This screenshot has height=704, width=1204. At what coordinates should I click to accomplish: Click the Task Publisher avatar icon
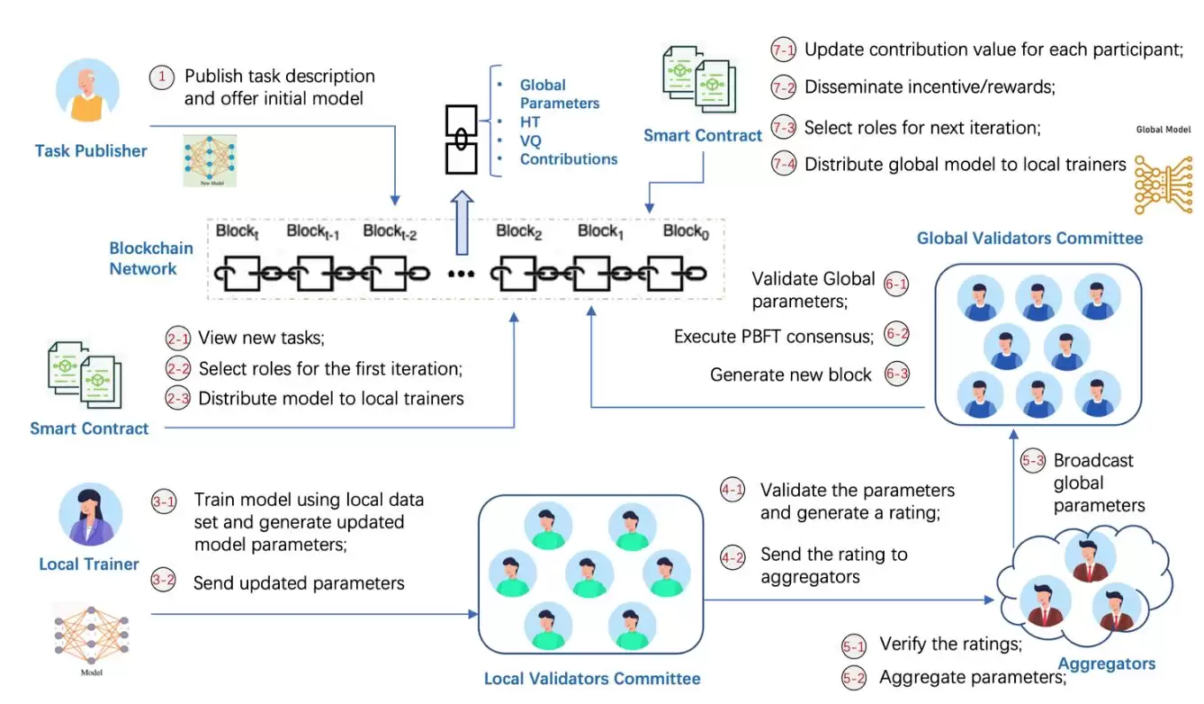click(x=87, y=94)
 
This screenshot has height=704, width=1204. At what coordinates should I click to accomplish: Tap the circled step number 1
click(x=161, y=77)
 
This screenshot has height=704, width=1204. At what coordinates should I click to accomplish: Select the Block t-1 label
click(x=312, y=232)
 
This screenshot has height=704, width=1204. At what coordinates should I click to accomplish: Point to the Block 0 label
click(x=687, y=232)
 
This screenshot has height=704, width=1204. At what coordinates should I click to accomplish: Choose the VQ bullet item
click(x=531, y=140)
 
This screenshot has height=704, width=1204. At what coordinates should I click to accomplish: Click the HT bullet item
click(x=530, y=122)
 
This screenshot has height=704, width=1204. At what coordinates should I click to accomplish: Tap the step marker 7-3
click(x=783, y=127)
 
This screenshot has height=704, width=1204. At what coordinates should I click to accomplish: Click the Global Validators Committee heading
click(x=1029, y=239)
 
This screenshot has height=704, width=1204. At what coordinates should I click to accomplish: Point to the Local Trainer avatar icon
click(x=89, y=515)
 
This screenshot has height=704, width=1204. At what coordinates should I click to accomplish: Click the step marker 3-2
click(x=164, y=581)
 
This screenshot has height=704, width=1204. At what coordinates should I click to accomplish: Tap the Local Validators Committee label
click(x=591, y=679)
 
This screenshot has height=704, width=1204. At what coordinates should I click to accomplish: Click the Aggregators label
click(x=1106, y=664)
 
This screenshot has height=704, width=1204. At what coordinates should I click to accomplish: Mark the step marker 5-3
click(x=1033, y=461)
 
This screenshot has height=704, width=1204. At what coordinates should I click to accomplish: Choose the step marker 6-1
click(x=896, y=284)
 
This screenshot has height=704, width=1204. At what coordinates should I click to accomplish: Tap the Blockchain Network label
click(x=143, y=258)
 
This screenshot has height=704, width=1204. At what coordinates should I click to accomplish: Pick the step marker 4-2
click(x=732, y=557)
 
